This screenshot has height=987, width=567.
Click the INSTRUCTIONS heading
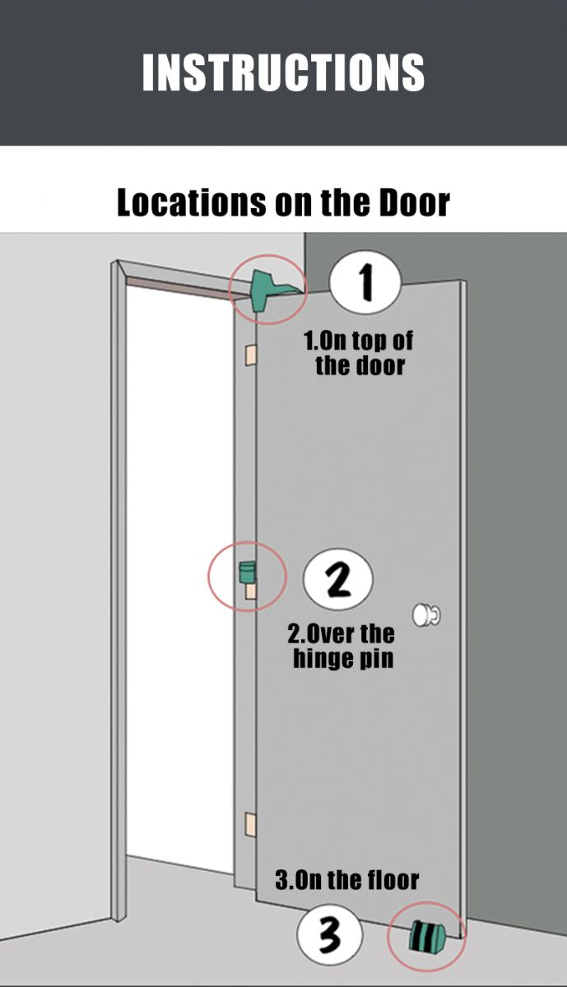click(x=283, y=72)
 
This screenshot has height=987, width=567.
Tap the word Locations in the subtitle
click(x=192, y=202)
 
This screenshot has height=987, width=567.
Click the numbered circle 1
click(x=365, y=281)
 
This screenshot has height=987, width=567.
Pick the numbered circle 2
click(x=338, y=580)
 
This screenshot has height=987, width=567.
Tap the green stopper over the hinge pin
click(x=248, y=572)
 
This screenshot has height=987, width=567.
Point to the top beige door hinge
click(x=250, y=355)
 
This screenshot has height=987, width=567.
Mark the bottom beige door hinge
click(x=250, y=825)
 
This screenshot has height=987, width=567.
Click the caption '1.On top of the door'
click(x=359, y=354)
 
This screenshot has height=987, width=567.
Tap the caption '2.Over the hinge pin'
click(x=342, y=646)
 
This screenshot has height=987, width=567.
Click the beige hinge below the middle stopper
click(x=250, y=591)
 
